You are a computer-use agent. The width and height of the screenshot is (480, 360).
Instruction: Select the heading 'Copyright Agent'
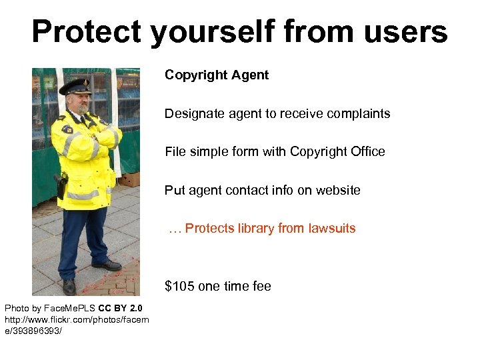pos(217,75)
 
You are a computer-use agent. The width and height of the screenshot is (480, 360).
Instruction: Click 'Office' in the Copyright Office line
pos(366,152)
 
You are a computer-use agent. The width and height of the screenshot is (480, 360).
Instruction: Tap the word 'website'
pos(337,191)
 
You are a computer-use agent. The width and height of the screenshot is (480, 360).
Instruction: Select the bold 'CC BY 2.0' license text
pos(120,308)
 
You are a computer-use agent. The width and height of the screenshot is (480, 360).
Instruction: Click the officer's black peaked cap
pos(75,86)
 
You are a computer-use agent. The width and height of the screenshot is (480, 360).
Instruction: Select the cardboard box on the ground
pos(129,179)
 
